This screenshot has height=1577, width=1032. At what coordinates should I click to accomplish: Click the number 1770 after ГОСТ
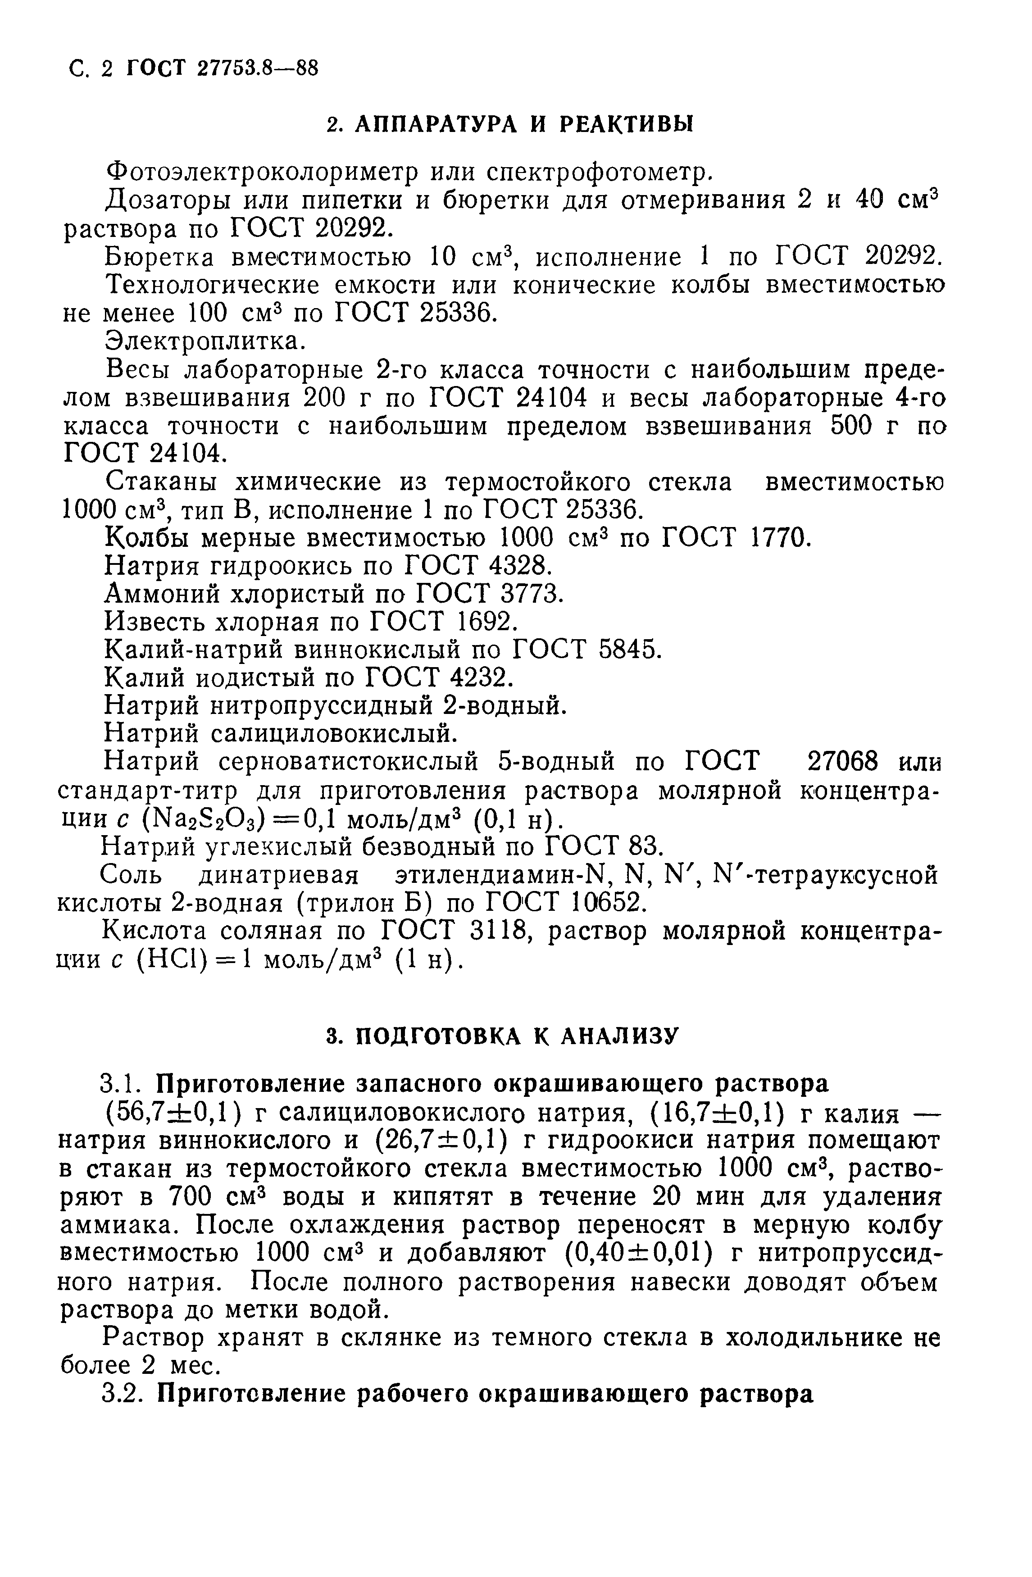click(780, 537)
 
